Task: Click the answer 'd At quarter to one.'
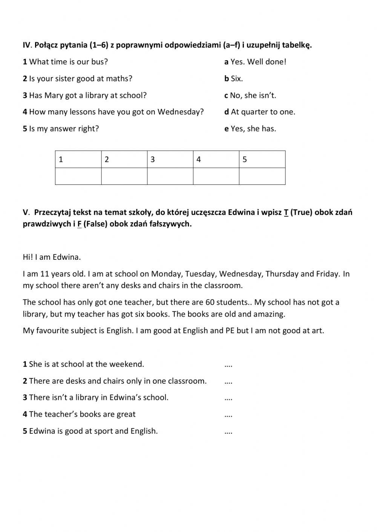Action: (x=260, y=112)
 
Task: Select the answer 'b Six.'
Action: (x=234, y=79)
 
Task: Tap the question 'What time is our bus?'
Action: (x=68, y=62)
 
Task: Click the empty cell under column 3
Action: (x=170, y=176)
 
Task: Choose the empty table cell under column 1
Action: (x=78, y=176)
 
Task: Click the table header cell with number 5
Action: (x=262, y=159)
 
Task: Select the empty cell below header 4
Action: (x=216, y=176)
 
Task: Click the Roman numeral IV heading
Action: (x=26, y=45)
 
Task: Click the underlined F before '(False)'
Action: (x=80, y=224)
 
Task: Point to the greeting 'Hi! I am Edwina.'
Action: (x=52, y=257)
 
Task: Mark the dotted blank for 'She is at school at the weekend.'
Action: (x=228, y=364)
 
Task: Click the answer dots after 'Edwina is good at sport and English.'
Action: (x=228, y=431)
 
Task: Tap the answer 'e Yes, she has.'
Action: (x=250, y=129)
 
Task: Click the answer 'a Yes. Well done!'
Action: (x=255, y=62)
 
